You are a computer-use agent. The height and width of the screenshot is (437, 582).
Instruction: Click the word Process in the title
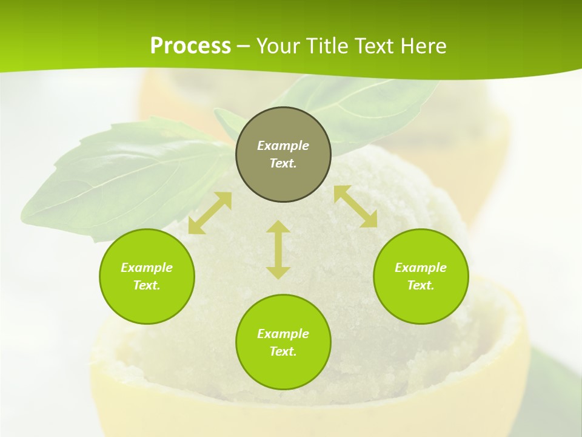190,46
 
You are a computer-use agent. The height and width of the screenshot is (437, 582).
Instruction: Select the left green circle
147,303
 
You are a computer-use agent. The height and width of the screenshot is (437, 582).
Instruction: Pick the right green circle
421,303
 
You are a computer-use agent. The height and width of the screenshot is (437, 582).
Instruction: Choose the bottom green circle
283,370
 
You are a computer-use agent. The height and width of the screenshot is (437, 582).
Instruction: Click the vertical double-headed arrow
278,249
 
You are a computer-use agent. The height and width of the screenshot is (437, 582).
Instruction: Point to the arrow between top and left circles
210,213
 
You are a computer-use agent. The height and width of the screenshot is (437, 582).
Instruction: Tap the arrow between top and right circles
355,206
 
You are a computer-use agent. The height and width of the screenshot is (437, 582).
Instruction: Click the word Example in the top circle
283,146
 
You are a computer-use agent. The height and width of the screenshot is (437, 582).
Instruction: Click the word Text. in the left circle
147,285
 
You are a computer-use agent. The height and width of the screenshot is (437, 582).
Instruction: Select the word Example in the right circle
421,268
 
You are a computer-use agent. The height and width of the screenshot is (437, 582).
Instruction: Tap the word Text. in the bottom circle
283,351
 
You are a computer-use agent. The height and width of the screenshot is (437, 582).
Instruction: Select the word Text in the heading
376,46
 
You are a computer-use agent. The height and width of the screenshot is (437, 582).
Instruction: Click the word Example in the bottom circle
283,334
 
